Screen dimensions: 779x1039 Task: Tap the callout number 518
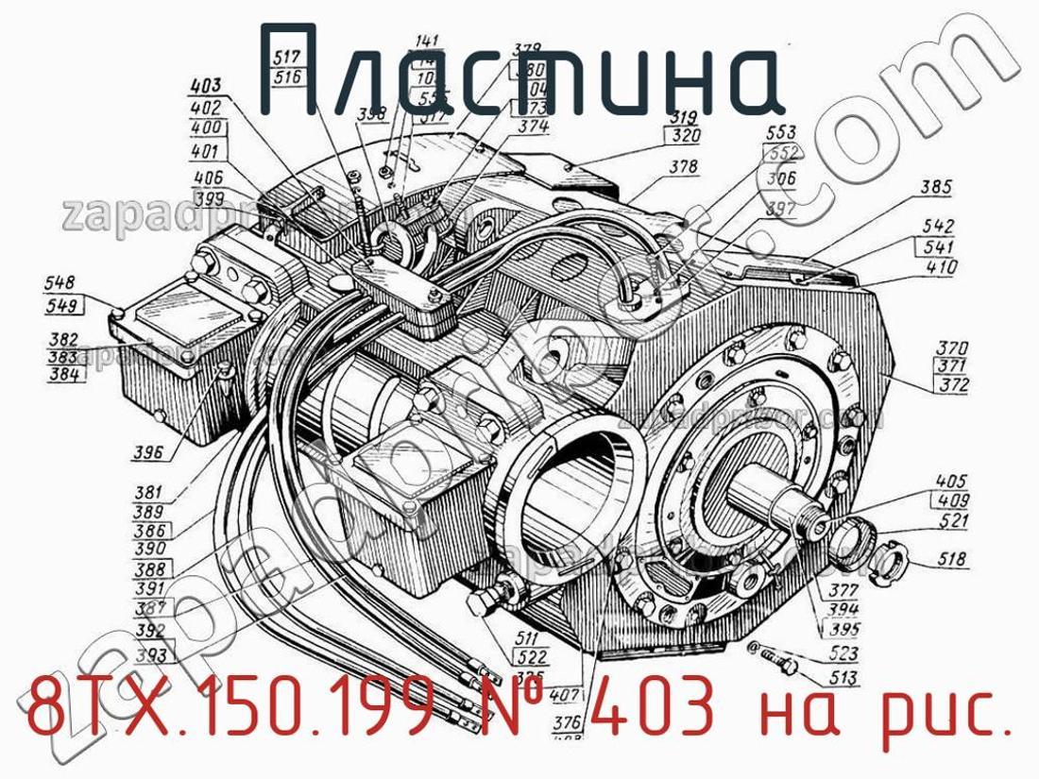click(x=951, y=561)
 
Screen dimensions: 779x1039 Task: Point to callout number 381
click(x=148, y=492)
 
